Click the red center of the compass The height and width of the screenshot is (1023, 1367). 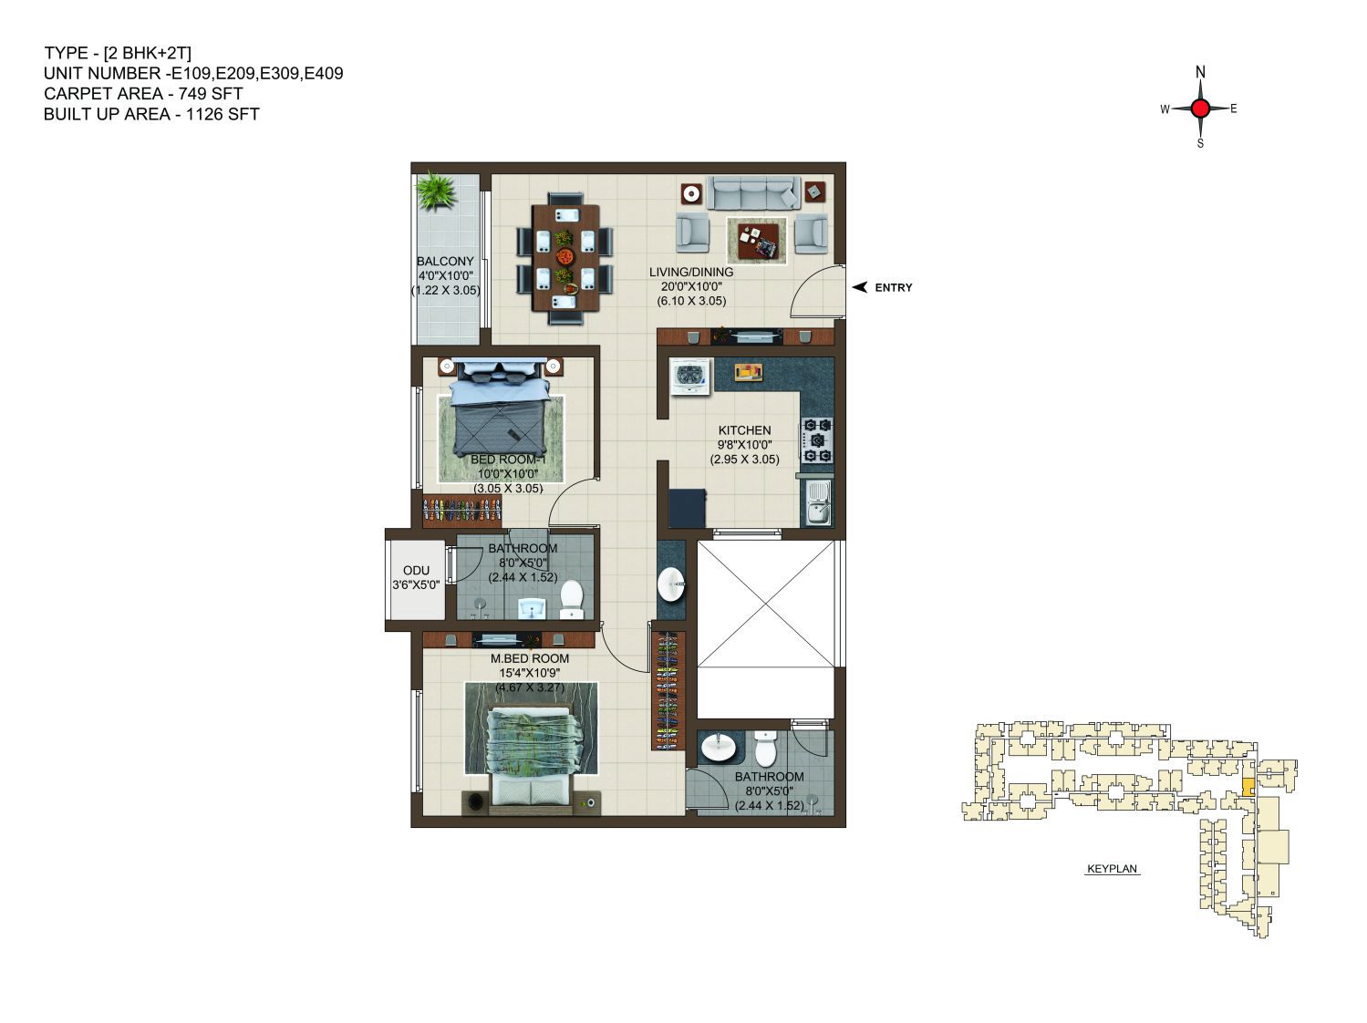1200,108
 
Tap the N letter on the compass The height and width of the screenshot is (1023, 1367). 1200,72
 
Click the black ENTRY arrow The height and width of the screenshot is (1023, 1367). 859,287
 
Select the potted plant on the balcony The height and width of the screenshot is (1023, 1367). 437,191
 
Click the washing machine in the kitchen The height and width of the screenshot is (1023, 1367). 690,377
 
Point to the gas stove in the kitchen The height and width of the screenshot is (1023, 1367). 816,440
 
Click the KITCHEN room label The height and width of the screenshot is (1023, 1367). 744,430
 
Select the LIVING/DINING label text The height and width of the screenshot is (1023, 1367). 690,272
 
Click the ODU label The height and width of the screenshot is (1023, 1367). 416,571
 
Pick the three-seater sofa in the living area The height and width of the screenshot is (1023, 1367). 753,192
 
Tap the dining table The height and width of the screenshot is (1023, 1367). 564,258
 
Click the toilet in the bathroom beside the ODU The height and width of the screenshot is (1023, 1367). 571,600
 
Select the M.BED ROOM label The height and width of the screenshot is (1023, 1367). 529,658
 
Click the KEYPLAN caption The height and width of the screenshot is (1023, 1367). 1112,869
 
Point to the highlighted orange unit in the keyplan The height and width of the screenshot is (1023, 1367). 1248,787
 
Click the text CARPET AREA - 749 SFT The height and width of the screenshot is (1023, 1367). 143,94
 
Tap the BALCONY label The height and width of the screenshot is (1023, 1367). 445,262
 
